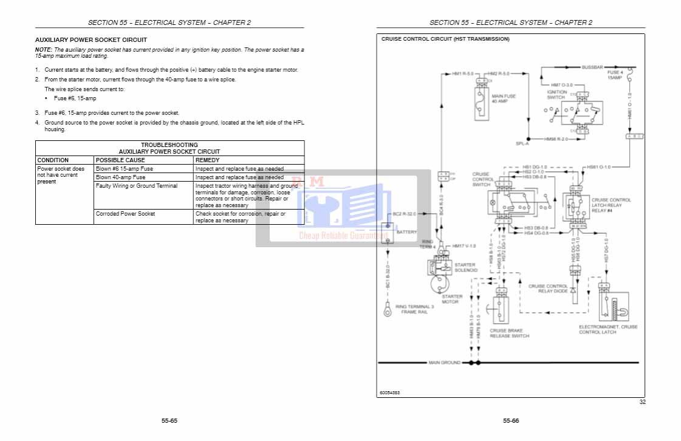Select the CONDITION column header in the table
[x=53, y=160]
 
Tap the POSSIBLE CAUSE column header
[x=120, y=160]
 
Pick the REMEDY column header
[x=207, y=160]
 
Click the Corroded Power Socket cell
[x=125, y=214]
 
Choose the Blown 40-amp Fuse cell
[x=120, y=177]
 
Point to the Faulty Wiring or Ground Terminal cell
[x=137, y=186]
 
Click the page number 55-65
[x=169, y=420]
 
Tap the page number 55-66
[x=510, y=420]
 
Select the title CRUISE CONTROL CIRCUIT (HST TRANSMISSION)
[x=445, y=39]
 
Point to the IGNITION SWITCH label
[x=556, y=95]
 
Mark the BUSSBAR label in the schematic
[x=591, y=66]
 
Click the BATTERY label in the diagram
[x=406, y=232]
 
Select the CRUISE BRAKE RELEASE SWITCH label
[x=509, y=333]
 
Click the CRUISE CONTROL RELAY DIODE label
[x=548, y=289]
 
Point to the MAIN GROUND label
[x=444, y=363]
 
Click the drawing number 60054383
[x=390, y=392]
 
